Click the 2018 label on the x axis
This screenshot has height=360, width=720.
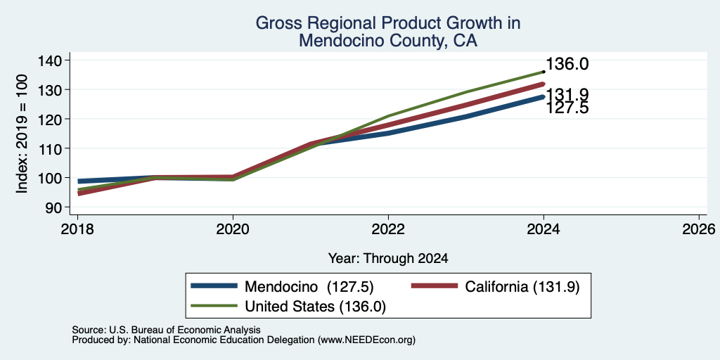77,229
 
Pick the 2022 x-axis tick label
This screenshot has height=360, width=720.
388,229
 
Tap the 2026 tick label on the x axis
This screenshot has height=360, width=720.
700,229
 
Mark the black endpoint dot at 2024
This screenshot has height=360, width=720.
544,72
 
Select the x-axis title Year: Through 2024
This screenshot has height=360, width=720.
388,259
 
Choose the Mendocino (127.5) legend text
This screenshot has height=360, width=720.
309,287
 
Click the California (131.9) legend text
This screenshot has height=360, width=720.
522,287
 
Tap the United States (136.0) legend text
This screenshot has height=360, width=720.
315,307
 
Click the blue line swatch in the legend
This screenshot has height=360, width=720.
214,286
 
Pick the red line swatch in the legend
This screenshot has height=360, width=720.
435,286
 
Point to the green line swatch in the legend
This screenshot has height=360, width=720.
214,306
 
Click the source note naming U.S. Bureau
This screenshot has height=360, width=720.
166,330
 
